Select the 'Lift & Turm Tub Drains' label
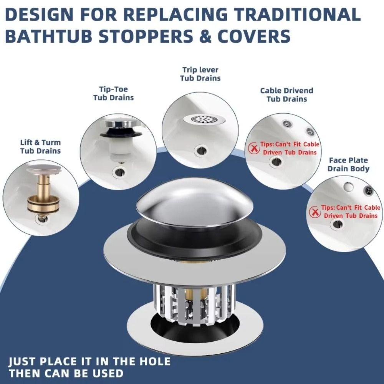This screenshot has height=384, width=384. point(40,147)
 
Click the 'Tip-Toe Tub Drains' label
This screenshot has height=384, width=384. point(113,93)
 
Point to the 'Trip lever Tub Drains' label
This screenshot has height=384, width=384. point(200,74)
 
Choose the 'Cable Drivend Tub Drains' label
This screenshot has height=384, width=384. point(286,94)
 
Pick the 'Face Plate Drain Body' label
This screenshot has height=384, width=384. point(348,164)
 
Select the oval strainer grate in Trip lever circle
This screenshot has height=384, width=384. point(204,119)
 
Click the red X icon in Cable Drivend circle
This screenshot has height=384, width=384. point(254,148)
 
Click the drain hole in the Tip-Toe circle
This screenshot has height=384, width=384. point(120,171)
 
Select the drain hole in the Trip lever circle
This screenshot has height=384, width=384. point(200,150)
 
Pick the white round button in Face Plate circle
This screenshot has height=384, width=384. point(348,187)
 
